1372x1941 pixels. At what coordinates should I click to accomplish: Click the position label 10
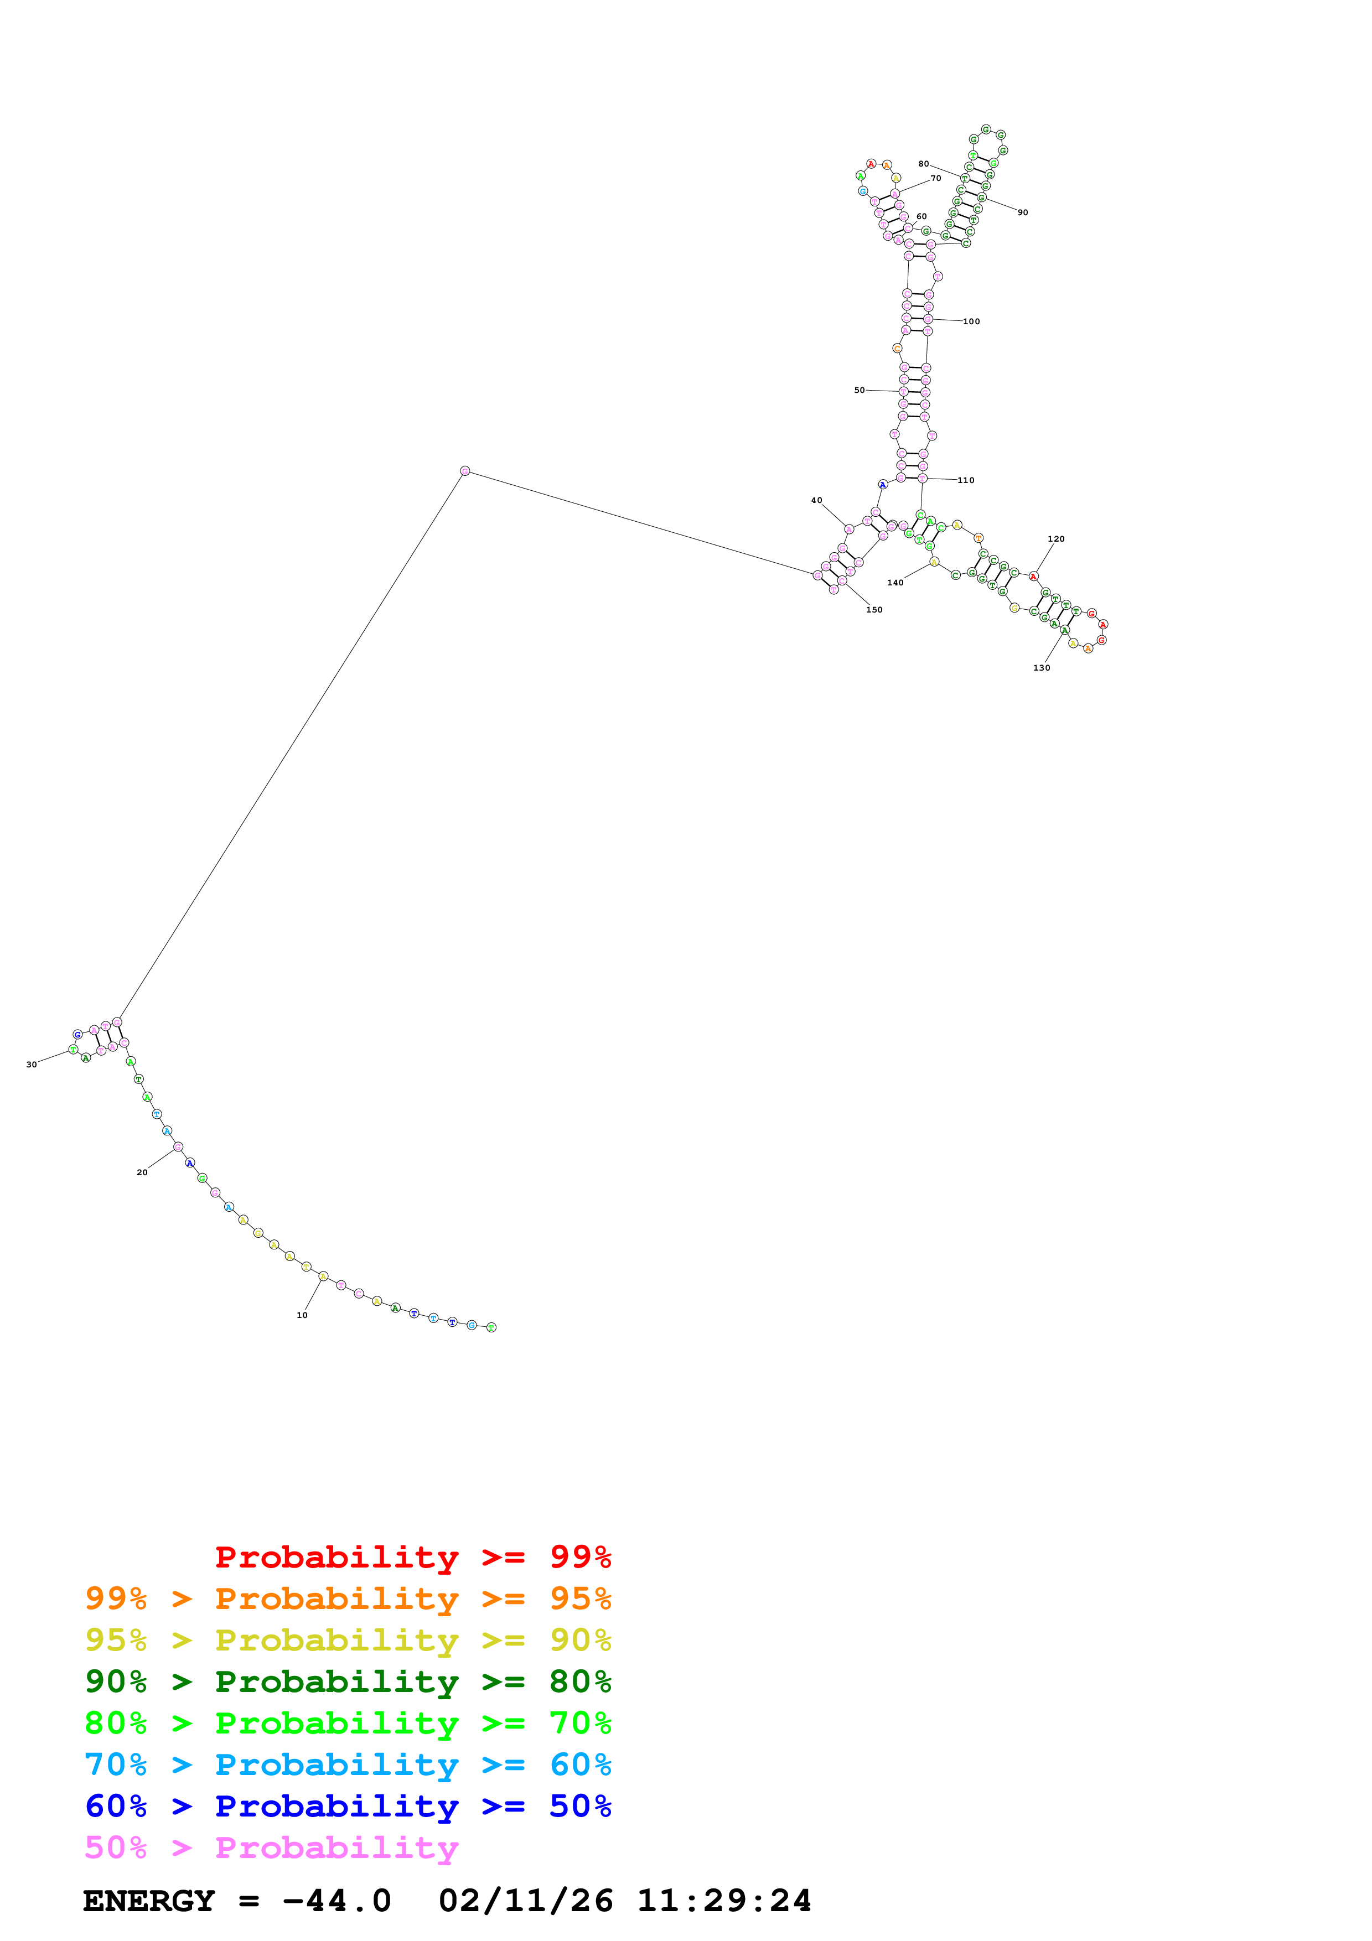pyautogui.click(x=302, y=1315)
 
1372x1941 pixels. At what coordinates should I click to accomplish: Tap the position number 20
pyautogui.click(x=142, y=1172)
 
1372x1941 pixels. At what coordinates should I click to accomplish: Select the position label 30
pyautogui.click(x=32, y=1065)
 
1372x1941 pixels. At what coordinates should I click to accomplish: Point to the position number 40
pyautogui.click(x=816, y=501)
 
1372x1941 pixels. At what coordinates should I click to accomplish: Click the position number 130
pyautogui.click(x=1042, y=668)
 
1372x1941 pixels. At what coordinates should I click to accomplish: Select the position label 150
pyautogui.click(x=874, y=610)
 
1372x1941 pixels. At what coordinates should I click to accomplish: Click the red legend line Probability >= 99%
pyautogui.click(x=412, y=1557)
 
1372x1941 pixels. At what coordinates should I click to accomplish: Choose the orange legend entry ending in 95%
pyautogui.click(x=348, y=1599)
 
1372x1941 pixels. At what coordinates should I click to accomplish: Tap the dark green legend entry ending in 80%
pyautogui.click(x=348, y=1681)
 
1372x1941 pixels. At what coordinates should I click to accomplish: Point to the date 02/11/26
pyautogui.click(x=526, y=1901)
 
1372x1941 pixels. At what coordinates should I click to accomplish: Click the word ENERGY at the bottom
pyautogui.click(x=149, y=1901)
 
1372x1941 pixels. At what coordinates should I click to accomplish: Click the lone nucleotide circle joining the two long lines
pyautogui.click(x=465, y=471)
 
